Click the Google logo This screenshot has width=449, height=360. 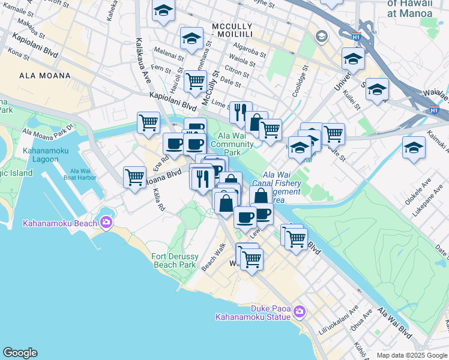point(20,353)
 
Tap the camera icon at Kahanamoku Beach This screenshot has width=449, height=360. point(106,223)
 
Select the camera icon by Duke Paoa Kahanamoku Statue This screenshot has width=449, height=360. point(300,311)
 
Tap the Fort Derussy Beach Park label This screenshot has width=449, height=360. point(174,260)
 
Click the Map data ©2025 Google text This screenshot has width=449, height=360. point(412,355)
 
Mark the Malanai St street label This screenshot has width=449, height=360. point(169,54)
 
